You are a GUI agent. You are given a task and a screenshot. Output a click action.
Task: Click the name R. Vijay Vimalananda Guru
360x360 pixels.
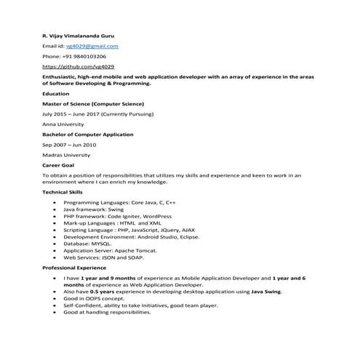[78, 35]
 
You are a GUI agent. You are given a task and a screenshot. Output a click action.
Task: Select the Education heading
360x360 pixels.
[56, 94]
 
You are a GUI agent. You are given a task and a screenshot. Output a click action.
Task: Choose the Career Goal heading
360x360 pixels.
[58, 165]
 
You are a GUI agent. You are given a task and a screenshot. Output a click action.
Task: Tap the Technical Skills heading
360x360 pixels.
[63, 191]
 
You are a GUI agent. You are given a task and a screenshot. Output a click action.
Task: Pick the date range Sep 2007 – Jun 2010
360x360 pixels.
[68, 145]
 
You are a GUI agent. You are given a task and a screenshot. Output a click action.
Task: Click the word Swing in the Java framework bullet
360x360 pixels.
[116, 209]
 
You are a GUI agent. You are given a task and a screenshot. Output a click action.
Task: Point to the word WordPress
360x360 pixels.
[157, 216]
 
